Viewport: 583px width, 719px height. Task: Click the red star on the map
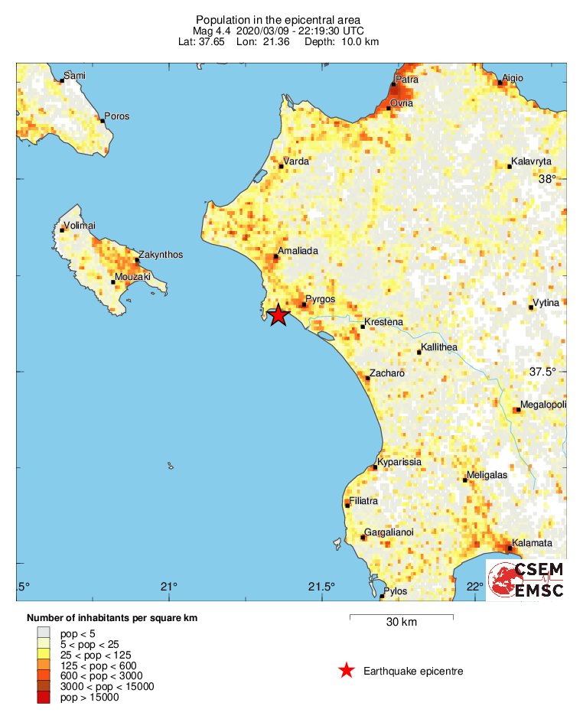click(278, 314)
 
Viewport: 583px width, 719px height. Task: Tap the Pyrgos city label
click(320, 299)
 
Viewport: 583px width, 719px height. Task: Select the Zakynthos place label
click(161, 255)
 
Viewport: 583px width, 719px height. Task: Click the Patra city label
click(406, 79)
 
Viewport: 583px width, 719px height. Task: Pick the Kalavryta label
click(531, 161)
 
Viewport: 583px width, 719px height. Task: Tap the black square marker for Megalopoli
click(518, 410)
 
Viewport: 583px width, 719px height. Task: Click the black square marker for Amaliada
click(276, 256)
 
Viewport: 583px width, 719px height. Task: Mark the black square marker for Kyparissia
click(375, 467)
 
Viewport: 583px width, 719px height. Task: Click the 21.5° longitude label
click(321, 587)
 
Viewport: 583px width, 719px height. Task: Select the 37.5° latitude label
click(542, 373)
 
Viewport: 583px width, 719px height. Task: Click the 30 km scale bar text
click(401, 623)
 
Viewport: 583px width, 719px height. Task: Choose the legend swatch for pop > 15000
click(44, 697)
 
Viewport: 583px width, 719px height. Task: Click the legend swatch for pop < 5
click(44, 633)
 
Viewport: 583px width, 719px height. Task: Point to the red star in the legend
click(347, 671)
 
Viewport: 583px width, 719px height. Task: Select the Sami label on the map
click(75, 75)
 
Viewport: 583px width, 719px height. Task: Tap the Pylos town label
click(396, 591)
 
